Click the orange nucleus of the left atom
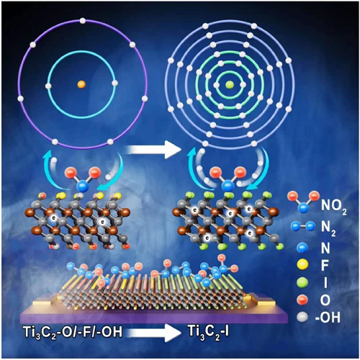81,84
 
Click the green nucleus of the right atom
230,84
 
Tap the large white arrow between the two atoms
153,150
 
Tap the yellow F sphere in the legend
302,264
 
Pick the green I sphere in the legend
302,282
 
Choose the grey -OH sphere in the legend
302,317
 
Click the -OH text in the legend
328,318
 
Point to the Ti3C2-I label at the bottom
208,332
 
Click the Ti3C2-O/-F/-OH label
73,332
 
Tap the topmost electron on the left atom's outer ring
83,21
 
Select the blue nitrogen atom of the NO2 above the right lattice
228,186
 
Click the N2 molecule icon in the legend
302,226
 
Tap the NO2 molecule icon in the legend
303,201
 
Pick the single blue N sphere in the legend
302,247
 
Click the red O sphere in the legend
302,300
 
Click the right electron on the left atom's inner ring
115,83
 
